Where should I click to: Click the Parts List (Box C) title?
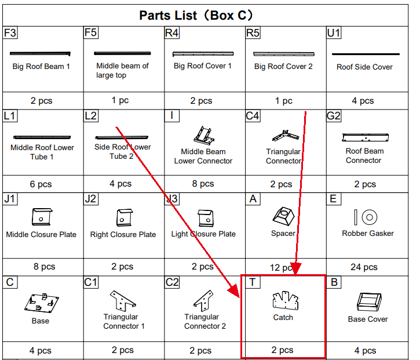coord(196,15)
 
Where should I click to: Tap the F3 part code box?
coord(10,32)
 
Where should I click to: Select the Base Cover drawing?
coord(369,302)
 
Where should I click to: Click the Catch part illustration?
coord(286,300)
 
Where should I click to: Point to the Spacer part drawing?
coord(283,216)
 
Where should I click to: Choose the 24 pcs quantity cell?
coord(364,267)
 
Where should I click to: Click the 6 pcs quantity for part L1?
coord(41,184)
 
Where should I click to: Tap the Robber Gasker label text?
coord(368,234)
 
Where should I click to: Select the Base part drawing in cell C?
coord(42,303)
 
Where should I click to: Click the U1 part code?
coord(334,32)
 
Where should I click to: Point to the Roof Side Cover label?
coord(364,67)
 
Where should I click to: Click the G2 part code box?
coord(334,116)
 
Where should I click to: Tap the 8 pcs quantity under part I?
coord(203,184)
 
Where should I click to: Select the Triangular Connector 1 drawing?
coord(123,301)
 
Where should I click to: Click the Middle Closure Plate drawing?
coord(42,217)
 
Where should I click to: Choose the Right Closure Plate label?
coord(123,235)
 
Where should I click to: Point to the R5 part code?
coord(253,32)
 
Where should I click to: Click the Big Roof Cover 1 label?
coord(203,66)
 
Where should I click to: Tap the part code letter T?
coord(253,282)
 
